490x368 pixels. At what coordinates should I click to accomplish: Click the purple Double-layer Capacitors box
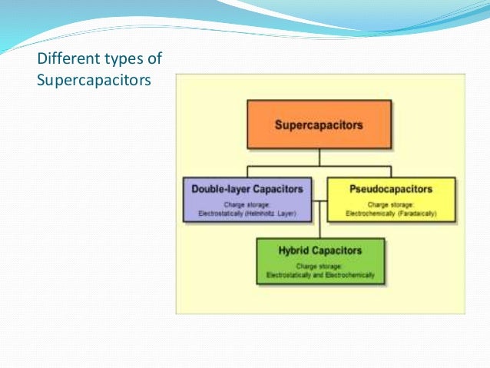coord(249,201)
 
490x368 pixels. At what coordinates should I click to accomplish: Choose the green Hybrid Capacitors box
coord(320,261)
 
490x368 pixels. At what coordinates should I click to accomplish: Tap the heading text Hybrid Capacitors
coord(320,250)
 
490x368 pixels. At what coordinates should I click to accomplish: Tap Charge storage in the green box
coord(320,266)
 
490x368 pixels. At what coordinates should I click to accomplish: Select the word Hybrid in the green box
coord(295,250)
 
